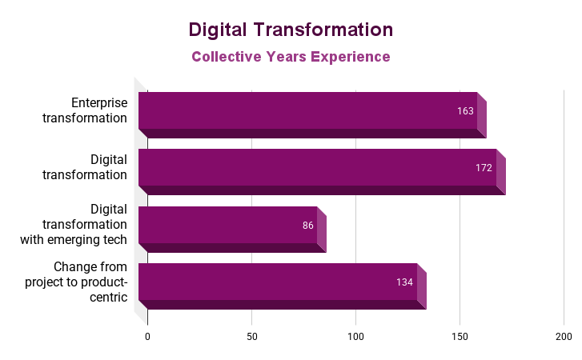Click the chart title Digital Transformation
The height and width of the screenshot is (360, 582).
coord(291,30)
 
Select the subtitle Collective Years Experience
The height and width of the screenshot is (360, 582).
coord(291,57)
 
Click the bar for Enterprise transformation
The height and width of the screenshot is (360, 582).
coord(308,111)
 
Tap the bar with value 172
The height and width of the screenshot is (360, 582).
coord(318,168)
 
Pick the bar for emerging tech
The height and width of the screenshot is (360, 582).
coord(228,226)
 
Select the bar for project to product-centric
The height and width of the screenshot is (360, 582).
coord(278,282)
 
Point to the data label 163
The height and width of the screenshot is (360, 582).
coord(465,111)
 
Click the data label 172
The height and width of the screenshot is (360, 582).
coord(484,168)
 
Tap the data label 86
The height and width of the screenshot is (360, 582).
coord(308,226)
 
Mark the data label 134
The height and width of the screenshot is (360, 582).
coord(404,282)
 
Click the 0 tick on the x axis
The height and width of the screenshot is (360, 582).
coord(147,338)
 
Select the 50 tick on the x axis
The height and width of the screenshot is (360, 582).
coord(251,338)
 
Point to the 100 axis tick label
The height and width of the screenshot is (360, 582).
coord(355,338)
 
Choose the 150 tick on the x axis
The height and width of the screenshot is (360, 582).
coord(460,338)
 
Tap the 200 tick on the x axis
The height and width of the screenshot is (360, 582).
coord(563,338)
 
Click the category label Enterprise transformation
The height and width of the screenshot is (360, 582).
coord(98,110)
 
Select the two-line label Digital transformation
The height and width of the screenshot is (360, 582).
coord(97,167)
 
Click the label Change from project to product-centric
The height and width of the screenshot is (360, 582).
coord(76,282)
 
